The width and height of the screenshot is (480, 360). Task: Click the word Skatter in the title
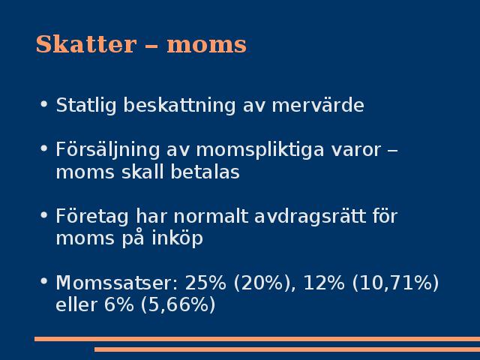coord(86,44)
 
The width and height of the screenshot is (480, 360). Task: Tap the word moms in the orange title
coord(207,45)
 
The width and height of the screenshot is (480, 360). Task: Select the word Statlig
coord(86,106)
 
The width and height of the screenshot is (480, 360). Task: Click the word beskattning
coord(179,106)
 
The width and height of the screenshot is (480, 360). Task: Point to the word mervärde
coord(318,106)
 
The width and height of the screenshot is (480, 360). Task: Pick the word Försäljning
coord(108,150)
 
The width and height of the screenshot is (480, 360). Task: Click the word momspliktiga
coord(260,150)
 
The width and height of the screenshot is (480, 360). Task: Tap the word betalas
coord(205,172)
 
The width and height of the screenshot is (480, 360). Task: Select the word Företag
coord(92,217)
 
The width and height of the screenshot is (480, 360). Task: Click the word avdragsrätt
coord(310,216)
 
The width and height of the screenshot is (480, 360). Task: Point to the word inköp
coord(177,238)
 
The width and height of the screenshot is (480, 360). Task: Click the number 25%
coord(205,283)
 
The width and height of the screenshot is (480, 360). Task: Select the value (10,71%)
coord(395,283)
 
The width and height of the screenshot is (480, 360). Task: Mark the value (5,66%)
coord(178,305)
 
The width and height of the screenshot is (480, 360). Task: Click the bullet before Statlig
coord(44,104)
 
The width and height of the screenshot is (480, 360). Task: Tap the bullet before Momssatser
coord(44,281)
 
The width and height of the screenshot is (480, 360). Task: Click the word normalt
coord(211,216)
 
